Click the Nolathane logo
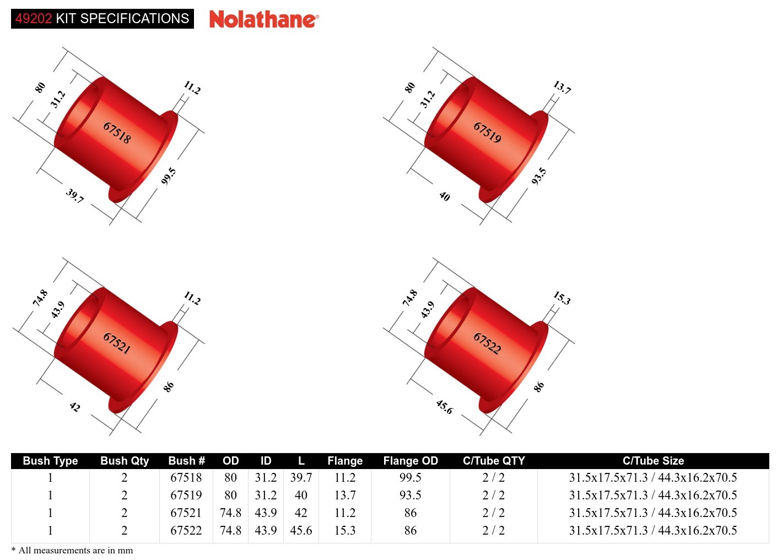263,19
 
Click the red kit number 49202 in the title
34,19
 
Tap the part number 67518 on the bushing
117,133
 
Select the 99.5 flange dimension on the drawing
169,176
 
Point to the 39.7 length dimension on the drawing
75,196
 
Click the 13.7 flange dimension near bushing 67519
562,87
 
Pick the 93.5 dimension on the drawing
539,176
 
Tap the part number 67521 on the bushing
117,343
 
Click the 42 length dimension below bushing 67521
75,407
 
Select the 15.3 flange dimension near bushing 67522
562,298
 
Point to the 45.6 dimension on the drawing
444,407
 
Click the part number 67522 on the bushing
488,343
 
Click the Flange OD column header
411,461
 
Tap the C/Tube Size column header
653,461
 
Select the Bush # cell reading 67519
186,495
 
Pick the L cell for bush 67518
301,477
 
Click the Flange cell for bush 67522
345,530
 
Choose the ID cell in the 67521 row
266,513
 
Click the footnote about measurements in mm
72,550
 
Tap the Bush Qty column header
125,461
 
